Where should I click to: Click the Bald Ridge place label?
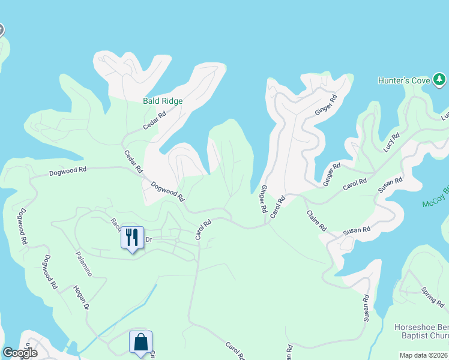pyautogui.click(x=162, y=101)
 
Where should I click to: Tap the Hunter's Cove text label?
pyautogui.click(x=405, y=80)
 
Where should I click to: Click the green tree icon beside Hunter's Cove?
pyautogui.click(x=439, y=79)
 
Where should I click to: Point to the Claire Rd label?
pyautogui.click(x=316, y=220)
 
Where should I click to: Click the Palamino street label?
pyautogui.click(x=83, y=263)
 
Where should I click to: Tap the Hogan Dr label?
pyautogui.click(x=81, y=298)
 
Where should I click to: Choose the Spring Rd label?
pyautogui.click(x=432, y=297)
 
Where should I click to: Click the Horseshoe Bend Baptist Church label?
pyautogui.click(x=421, y=332)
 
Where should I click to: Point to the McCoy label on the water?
pyautogui.click(x=435, y=204)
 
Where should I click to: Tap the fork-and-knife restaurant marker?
pyautogui.click(x=133, y=238)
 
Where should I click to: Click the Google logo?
pyautogui.click(x=20, y=352)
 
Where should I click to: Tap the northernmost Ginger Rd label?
pyautogui.click(x=324, y=105)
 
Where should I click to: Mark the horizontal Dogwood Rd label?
pyautogui.click(x=68, y=170)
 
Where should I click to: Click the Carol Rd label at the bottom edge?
pyautogui.click(x=235, y=351)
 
